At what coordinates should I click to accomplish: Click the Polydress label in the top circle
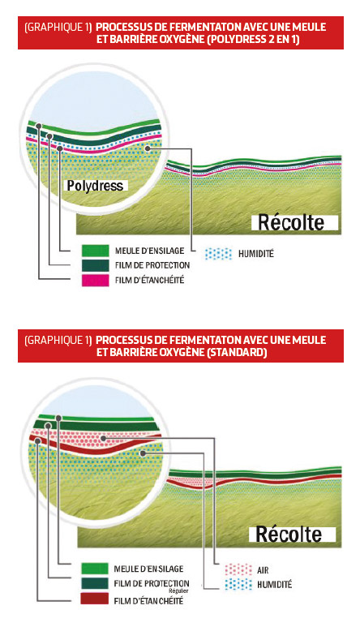click(x=96, y=186)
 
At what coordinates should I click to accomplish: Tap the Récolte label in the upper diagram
click(x=291, y=223)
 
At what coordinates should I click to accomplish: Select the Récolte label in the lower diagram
click(x=289, y=535)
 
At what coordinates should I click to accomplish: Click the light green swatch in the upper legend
click(x=95, y=251)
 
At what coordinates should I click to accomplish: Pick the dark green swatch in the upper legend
click(x=95, y=265)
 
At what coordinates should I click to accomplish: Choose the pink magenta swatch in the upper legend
click(x=95, y=281)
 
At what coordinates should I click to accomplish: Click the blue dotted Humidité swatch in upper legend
click(x=218, y=254)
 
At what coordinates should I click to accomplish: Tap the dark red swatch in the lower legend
click(x=94, y=599)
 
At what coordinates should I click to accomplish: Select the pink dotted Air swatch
click(x=238, y=569)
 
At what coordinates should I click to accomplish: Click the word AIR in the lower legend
click(x=263, y=570)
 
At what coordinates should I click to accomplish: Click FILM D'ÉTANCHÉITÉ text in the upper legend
click(x=149, y=281)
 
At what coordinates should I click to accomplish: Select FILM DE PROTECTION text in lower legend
click(x=152, y=583)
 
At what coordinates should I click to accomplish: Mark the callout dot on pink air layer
click(x=104, y=438)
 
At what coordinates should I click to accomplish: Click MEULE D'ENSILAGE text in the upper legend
click(x=149, y=251)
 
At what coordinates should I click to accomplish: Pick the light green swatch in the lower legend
click(x=94, y=569)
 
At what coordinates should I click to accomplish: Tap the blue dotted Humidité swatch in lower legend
click(x=238, y=584)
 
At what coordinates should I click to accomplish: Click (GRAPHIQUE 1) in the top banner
click(x=58, y=28)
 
